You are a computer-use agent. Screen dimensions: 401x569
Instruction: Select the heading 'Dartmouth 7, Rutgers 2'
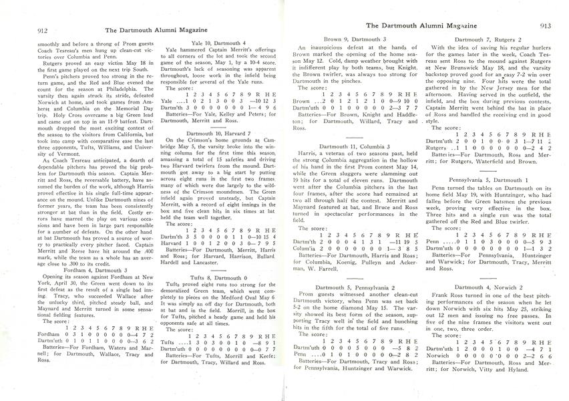pos(486,41)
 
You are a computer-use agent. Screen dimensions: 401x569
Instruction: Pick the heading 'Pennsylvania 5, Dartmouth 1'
pos(486,180)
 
